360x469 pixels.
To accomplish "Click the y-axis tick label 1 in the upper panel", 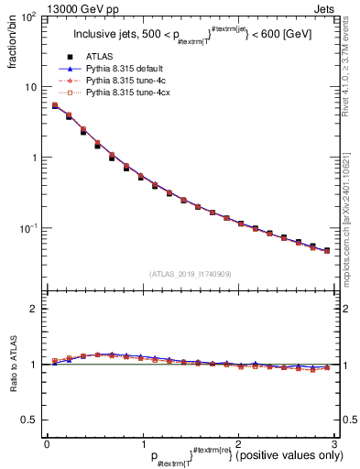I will (x=35, y=158).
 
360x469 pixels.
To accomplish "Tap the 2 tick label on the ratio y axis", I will (x=35, y=309).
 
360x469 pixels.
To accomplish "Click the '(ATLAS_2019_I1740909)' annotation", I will (x=189, y=274).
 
